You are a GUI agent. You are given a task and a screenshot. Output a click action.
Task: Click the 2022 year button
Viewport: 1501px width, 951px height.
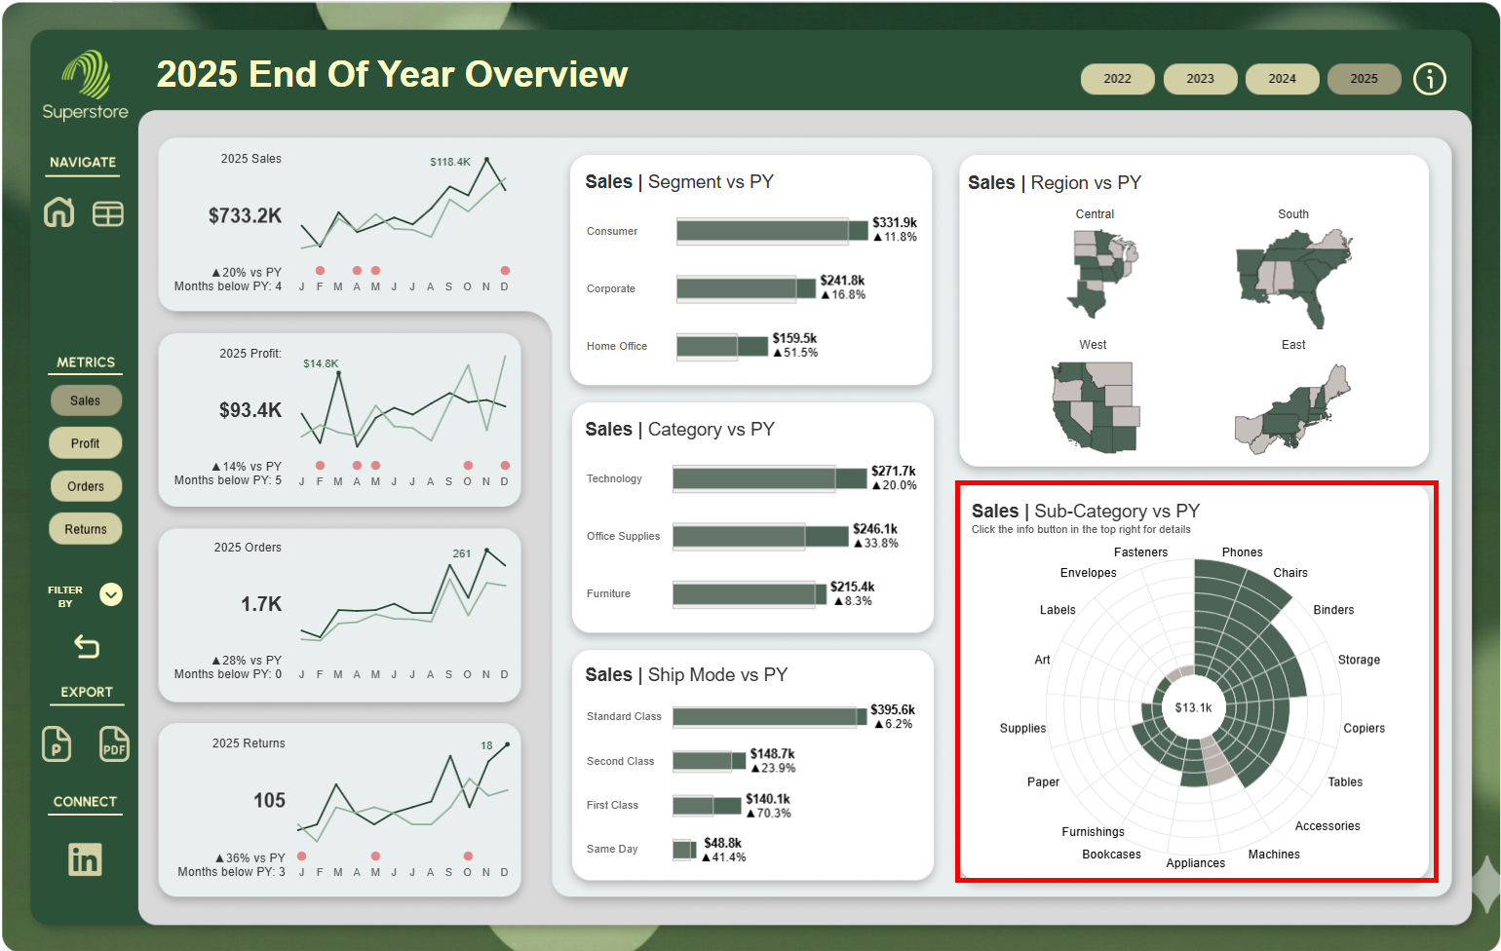[1117, 79]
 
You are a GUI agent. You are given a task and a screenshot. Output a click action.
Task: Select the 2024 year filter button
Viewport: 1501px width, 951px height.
[1282, 79]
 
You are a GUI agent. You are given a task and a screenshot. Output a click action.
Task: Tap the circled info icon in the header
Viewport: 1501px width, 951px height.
[1429, 79]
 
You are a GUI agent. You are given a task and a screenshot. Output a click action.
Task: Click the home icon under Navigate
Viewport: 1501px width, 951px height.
[59, 212]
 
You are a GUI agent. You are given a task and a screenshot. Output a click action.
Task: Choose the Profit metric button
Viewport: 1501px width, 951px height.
[86, 443]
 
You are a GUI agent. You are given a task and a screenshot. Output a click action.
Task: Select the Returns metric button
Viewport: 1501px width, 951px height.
[86, 529]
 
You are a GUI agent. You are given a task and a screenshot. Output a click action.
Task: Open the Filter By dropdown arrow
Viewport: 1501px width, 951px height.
[111, 594]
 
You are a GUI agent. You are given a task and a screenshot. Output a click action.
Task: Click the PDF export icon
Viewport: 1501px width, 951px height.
[114, 744]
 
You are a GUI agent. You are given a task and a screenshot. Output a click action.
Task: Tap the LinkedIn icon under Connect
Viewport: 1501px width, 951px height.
[85, 859]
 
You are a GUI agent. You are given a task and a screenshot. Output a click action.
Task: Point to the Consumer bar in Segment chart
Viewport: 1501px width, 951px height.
[770, 231]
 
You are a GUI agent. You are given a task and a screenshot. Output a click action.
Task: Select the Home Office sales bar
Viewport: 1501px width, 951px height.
[721, 346]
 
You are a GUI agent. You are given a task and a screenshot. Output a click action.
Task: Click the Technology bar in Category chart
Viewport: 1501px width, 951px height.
[768, 478]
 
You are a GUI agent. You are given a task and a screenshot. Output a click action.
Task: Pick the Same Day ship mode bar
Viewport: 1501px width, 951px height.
[684, 850]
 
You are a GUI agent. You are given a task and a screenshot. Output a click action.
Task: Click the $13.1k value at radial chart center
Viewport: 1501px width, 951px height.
[1193, 708]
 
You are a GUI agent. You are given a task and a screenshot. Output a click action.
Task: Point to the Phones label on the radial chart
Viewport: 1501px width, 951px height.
[1242, 552]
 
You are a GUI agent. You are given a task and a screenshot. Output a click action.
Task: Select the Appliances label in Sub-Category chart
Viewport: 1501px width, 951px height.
[1195, 863]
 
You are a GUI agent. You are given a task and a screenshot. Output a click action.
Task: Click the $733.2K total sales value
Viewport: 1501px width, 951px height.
[245, 215]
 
